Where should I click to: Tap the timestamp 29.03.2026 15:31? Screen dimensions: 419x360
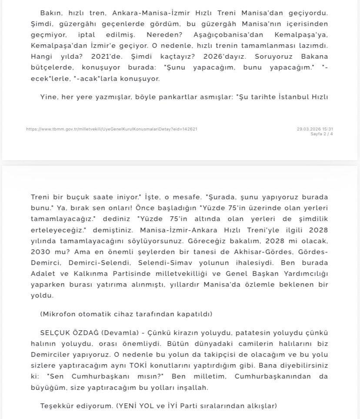(x=315, y=129)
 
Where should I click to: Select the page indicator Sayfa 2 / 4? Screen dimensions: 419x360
(x=322, y=134)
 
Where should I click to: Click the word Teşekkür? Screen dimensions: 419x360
(x=58, y=406)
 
